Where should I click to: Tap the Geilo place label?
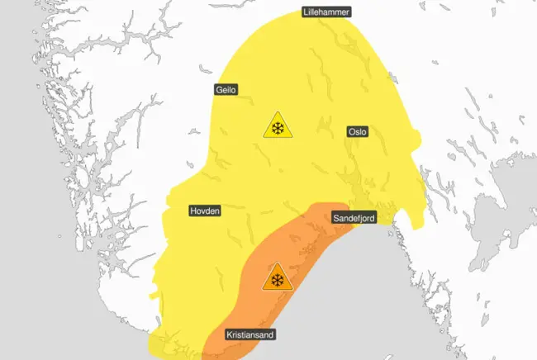coord(228,91)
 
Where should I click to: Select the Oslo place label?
coord(358,132)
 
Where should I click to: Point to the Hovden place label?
coord(206,211)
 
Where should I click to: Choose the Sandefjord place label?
coord(355,219)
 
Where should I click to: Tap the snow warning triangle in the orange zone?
coord(277,279)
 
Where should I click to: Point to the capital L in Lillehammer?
coord(305,12)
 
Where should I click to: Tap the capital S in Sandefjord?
coord(336,219)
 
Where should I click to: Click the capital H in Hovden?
coord(193,211)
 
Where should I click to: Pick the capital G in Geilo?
coord(219,91)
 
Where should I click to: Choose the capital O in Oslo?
coord(350,132)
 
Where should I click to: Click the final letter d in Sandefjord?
coord(374,219)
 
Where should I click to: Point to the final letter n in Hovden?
coord(219,211)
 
